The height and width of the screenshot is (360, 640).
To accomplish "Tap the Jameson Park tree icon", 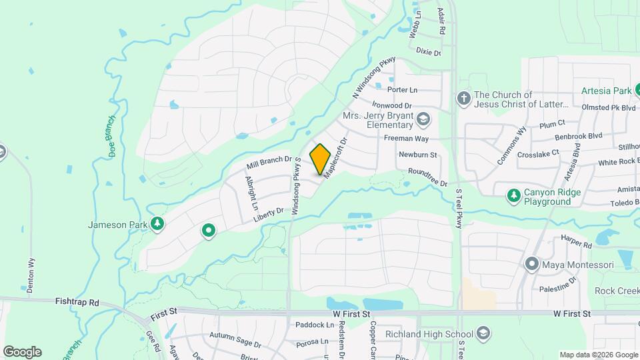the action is (x=157, y=225).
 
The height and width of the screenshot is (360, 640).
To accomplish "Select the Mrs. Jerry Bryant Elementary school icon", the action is (x=423, y=119).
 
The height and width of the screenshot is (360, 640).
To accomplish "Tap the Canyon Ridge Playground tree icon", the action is (x=513, y=196).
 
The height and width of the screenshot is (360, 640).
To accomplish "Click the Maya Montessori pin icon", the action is (x=531, y=265).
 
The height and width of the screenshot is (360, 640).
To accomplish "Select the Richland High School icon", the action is (x=483, y=333).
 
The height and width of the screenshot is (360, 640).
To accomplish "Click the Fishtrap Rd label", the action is (x=77, y=302).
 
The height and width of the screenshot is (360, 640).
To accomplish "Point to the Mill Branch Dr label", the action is (x=269, y=162).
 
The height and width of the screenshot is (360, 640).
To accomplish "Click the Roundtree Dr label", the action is (x=427, y=177).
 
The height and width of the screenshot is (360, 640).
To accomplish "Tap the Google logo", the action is (x=22, y=351).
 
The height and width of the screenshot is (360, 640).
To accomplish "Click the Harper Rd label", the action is (x=577, y=245).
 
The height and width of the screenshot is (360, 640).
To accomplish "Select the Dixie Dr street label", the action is (x=428, y=51).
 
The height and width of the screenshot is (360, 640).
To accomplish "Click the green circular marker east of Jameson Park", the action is (x=209, y=231).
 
